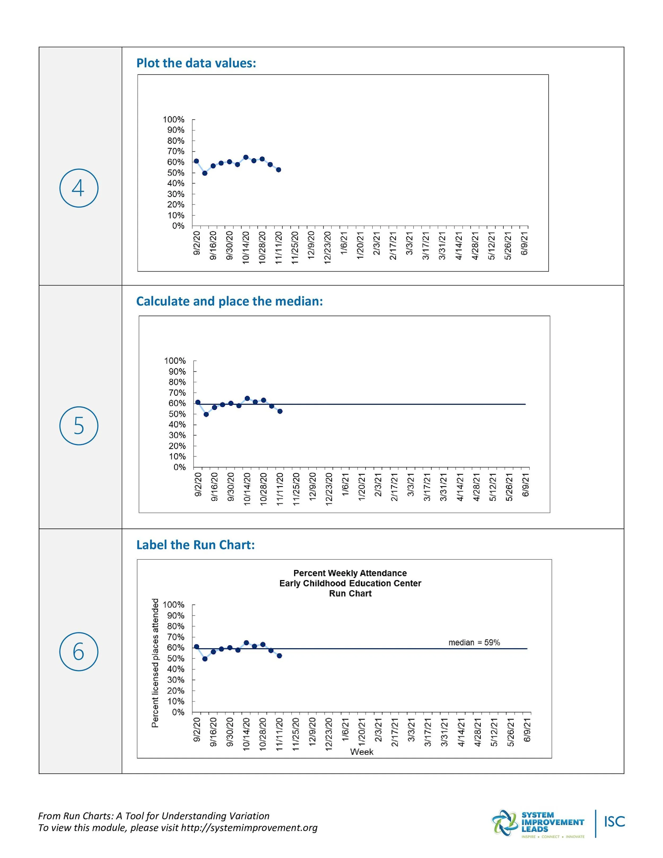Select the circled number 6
(x=78, y=651)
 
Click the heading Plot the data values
(x=196, y=63)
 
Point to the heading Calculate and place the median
(x=229, y=301)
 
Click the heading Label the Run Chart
(x=195, y=545)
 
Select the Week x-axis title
(x=361, y=752)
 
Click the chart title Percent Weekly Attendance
(x=350, y=573)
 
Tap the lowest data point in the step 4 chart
(x=205, y=173)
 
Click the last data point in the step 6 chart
(x=279, y=656)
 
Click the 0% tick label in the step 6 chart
(x=178, y=712)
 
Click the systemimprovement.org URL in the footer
(x=249, y=828)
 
